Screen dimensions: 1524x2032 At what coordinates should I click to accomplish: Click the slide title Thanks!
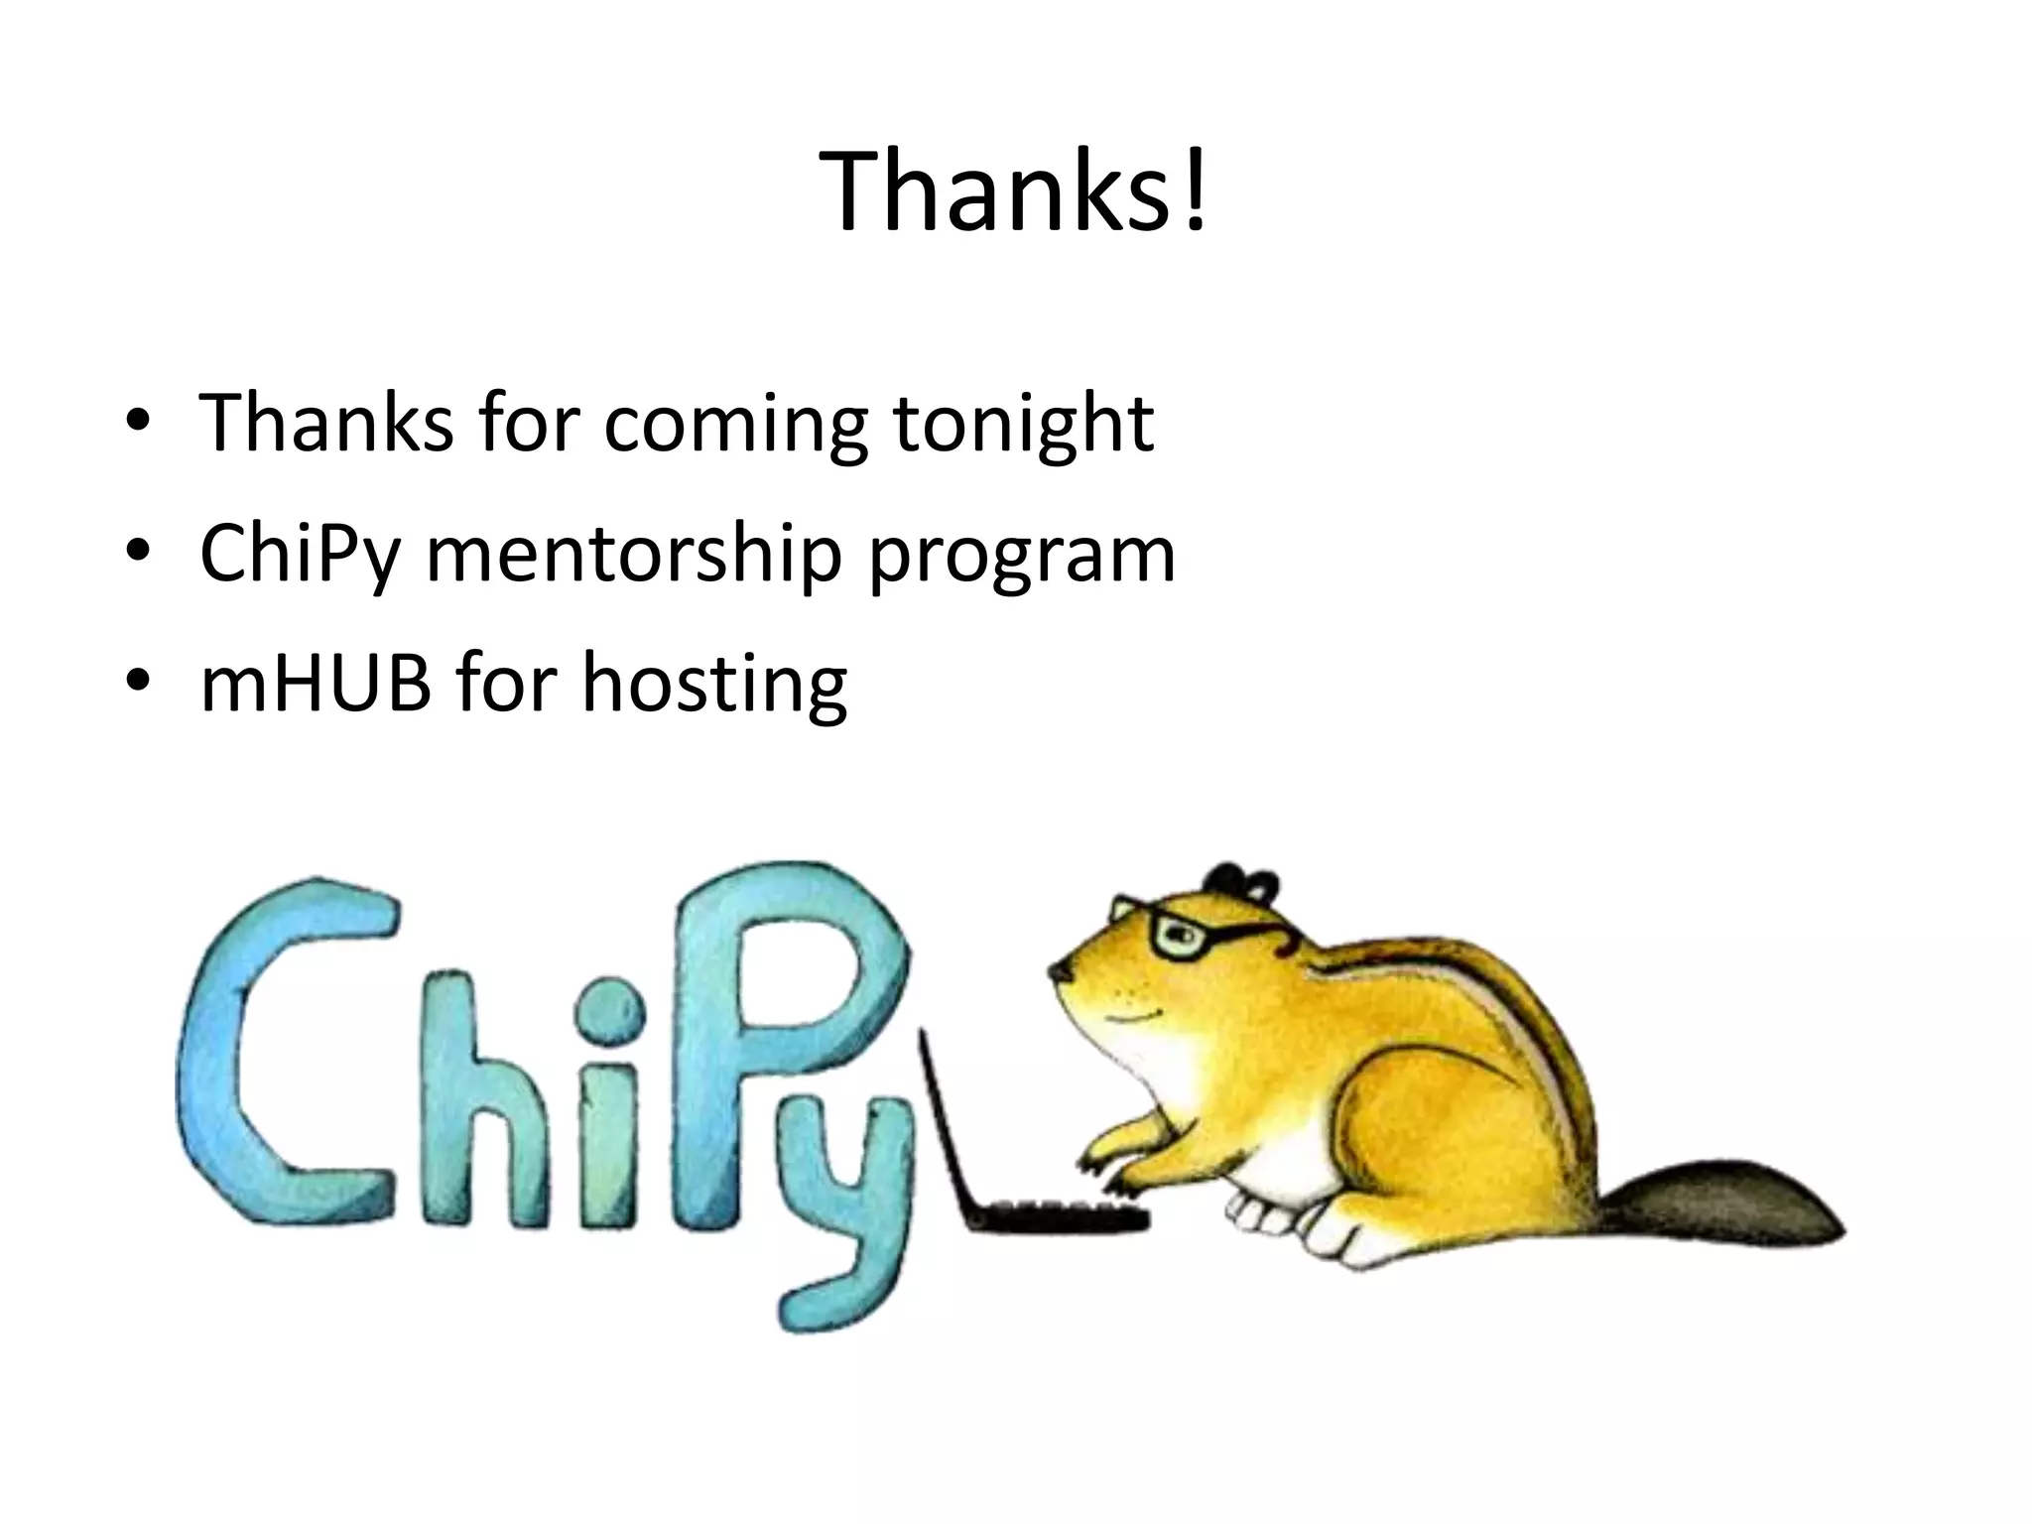pyautogui.click(x=1014, y=191)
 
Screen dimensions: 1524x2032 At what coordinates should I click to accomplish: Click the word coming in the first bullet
pyautogui.click(x=735, y=425)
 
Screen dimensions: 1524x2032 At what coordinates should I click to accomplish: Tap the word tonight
pyautogui.click(x=1023, y=425)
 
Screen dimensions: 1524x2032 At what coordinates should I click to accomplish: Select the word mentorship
pyautogui.click(x=634, y=555)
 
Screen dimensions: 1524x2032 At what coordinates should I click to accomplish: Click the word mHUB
pyautogui.click(x=316, y=684)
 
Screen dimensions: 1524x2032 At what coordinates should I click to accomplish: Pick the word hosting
pyautogui.click(x=714, y=687)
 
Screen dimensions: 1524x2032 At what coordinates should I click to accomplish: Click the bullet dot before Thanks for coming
pyautogui.click(x=138, y=421)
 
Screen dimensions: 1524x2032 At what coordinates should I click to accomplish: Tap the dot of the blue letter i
pyautogui.click(x=607, y=1012)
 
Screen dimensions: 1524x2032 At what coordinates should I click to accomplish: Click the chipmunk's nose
pyautogui.click(x=1058, y=972)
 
